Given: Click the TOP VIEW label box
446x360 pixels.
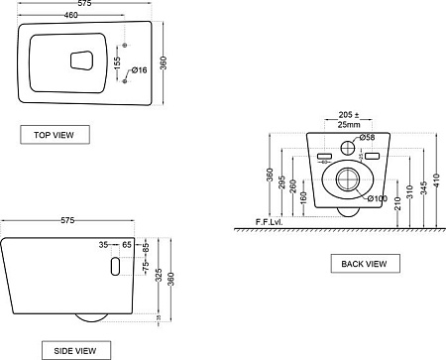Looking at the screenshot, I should [55, 134].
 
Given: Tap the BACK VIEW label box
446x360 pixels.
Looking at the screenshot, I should [366, 263].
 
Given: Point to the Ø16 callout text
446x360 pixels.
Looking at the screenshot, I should [139, 70].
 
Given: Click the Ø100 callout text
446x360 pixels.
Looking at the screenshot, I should [378, 198].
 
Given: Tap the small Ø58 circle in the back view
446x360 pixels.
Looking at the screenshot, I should [347, 149].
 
